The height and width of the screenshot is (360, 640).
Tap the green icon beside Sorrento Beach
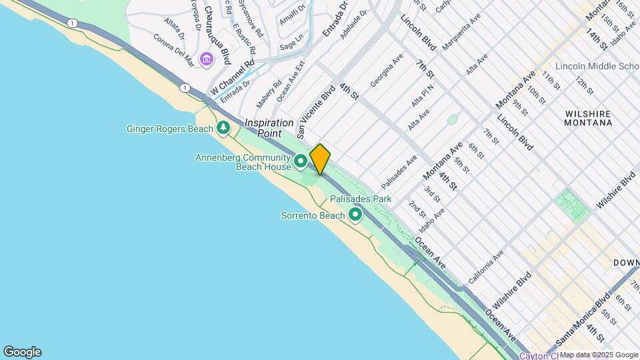[355, 215]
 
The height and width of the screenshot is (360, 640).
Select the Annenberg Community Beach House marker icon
[301, 160]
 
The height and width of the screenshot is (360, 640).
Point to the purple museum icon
[207, 60]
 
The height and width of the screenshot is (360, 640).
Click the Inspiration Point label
[269, 128]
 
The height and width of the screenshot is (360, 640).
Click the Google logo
[22, 352]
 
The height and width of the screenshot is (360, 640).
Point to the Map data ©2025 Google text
[599, 355]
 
